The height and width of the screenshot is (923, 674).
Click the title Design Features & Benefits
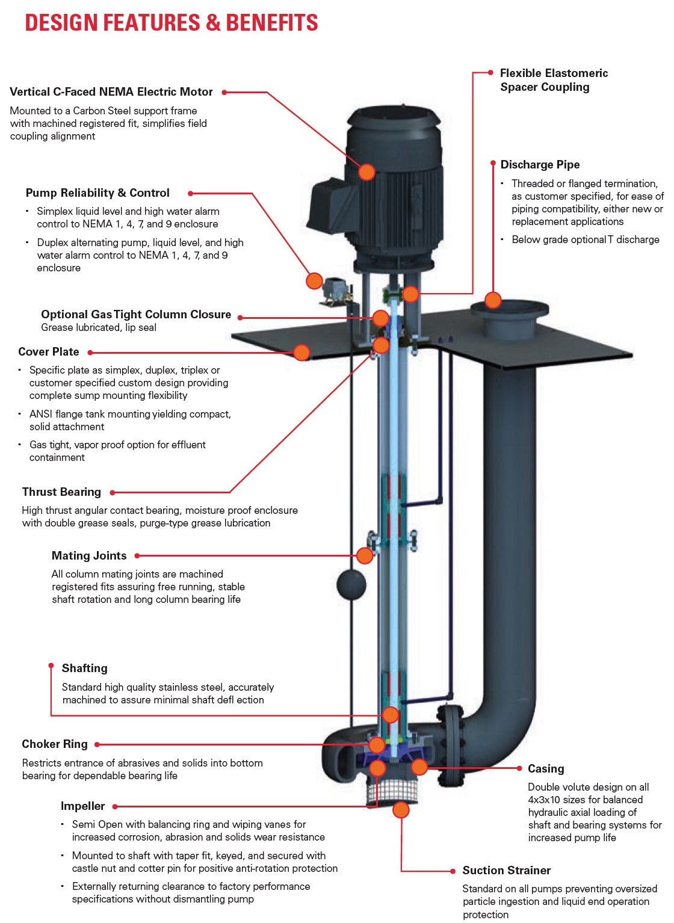[x=171, y=23]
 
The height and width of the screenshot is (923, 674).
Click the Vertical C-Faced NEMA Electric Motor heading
[x=111, y=92]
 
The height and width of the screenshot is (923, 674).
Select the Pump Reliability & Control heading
[x=97, y=193]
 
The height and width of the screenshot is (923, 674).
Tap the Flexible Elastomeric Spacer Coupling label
[x=554, y=80]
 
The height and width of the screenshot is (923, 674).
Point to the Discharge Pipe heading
[x=540, y=165]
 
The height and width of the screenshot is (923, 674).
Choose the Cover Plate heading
[x=49, y=352]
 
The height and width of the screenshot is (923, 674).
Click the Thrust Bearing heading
[x=61, y=492]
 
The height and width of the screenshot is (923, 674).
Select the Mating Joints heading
[x=89, y=556]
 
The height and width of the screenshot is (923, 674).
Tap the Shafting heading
[x=84, y=668]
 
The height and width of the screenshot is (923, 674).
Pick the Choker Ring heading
[x=55, y=744]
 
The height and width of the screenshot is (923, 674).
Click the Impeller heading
[x=82, y=806]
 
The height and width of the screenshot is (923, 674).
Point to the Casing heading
[x=546, y=769]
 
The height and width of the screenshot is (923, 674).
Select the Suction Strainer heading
[x=507, y=871]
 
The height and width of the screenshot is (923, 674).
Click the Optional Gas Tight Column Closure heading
[x=136, y=315]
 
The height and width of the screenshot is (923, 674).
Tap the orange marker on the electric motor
[x=366, y=172]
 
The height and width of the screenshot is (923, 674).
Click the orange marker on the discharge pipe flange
[x=493, y=300]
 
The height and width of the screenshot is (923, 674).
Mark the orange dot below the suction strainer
[x=401, y=810]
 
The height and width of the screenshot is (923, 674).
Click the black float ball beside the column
[x=351, y=584]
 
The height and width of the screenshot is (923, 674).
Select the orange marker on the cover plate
[x=301, y=353]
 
